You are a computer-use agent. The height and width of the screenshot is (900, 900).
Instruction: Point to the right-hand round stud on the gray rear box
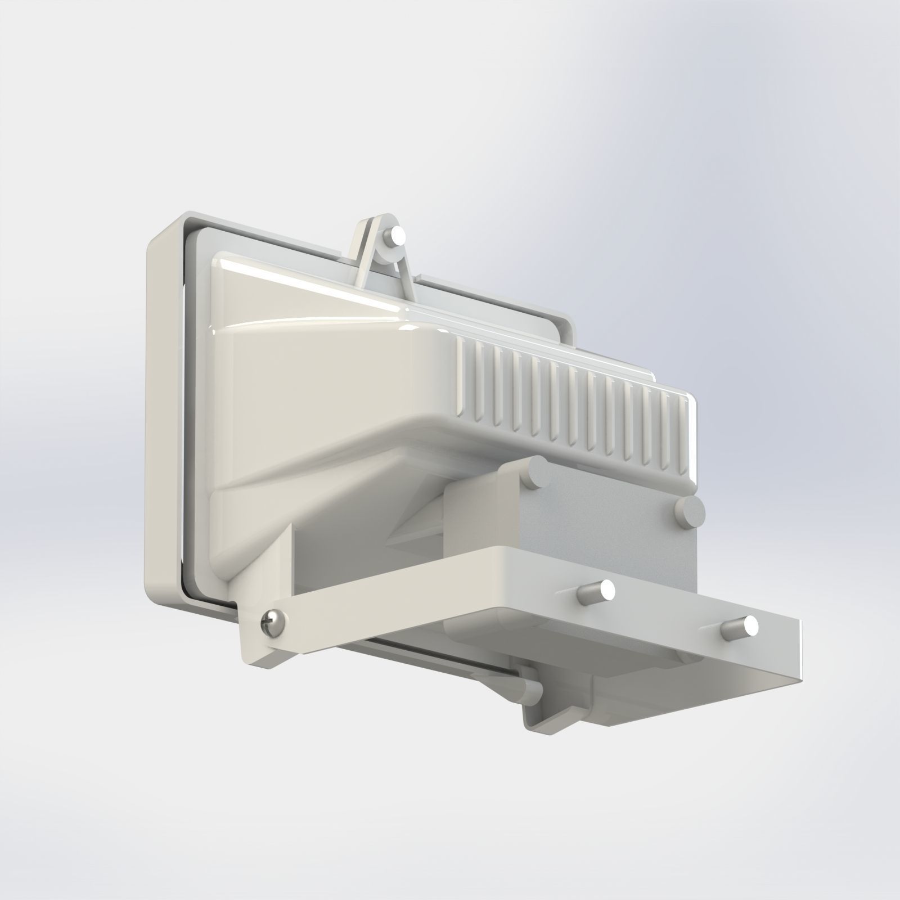[690, 510]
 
